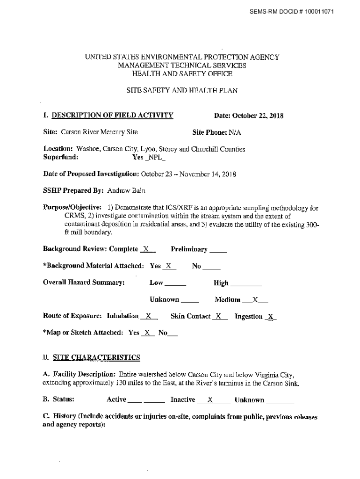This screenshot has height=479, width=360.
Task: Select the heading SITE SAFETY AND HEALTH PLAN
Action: tap(182, 91)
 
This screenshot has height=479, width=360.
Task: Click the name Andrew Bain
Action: tap(122, 191)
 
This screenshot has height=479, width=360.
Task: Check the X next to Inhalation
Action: tap(149, 317)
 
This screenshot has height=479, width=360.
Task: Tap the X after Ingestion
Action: tap(271, 317)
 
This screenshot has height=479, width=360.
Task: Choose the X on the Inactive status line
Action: tap(210, 400)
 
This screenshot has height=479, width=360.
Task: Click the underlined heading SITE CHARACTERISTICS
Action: tap(96, 358)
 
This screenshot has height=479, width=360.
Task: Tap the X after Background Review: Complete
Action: tap(146, 249)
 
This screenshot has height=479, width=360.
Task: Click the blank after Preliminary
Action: tap(218, 250)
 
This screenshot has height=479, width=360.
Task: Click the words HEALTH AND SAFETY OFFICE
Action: tap(182, 74)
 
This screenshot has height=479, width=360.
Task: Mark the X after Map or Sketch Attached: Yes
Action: tap(148, 333)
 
